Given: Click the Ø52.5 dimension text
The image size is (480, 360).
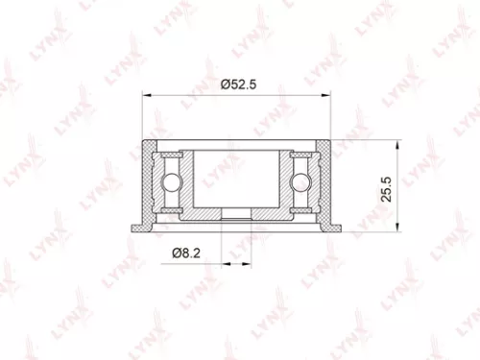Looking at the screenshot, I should tap(239, 84).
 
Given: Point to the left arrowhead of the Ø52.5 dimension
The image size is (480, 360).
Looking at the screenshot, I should tap(146, 94).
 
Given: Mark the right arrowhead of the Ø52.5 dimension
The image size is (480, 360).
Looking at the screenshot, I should tap(332, 94).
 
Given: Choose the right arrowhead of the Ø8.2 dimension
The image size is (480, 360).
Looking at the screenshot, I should tap(251, 260).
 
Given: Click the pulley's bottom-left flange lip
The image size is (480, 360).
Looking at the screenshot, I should tap(140, 227).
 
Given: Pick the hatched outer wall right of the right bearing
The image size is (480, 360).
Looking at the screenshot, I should tap(327, 182).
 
